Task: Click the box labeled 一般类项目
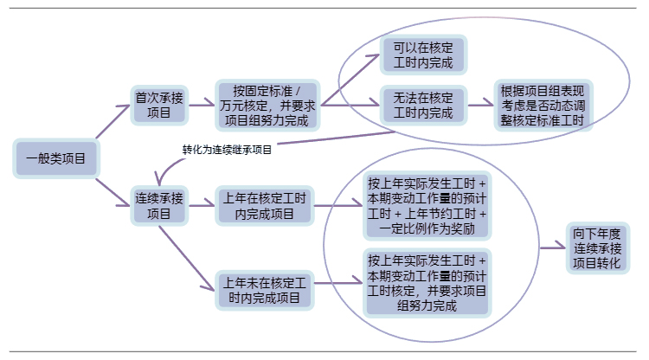pyautogui.click(x=56, y=158)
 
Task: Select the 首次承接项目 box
pyautogui.click(x=159, y=105)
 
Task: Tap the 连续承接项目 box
pyautogui.click(x=159, y=206)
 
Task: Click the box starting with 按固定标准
pyautogui.click(x=267, y=105)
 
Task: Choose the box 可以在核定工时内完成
pyautogui.click(x=423, y=55)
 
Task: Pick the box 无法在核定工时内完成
pyautogui.click(x=423, y=105)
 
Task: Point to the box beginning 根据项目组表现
pyautogui.click(x=543, y=105)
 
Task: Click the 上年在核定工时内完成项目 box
pyautogui.click(x=265, y=206)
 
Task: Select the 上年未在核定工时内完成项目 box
pyautogui.click(x=265, y=290)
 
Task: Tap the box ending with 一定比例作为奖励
pyautogui.click(x=427, y=206)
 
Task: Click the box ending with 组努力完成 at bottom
pyautogui.click(x=427, y=283)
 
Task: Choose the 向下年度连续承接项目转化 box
pyautogui.click(x=598, y=247)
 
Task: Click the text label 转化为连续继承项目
pyautogui.click(x=227, y=150)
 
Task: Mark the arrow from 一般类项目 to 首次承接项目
pyautogui.click(x=112, y=121)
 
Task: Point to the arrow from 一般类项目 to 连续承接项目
pyautogui.click(x=112, y=192)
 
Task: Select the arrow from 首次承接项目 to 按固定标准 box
pyautogui.click(x=202, y=105)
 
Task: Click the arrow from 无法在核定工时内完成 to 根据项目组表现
pyautogui.click(x=481, y=105)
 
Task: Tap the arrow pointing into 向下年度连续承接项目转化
pyautogui.click(x=553, y=247)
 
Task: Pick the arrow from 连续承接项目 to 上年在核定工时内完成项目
pyautogui.click(x=202, y=206)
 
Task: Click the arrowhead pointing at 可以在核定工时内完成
pyautogui.click(x=374, y=57)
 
